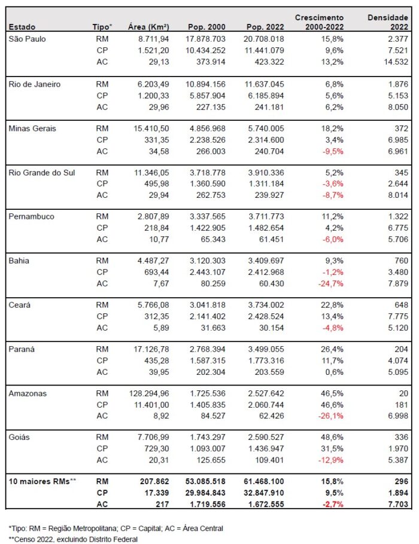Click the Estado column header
click(22, 27)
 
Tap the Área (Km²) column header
click(148, 27)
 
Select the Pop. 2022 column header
click(265, 27)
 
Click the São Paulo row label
click(27, 39)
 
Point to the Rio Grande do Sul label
click(42, 173)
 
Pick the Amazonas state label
click(28, 393)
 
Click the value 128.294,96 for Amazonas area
click(149, 393)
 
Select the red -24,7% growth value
click(331, 283)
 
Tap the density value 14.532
click(396, 62)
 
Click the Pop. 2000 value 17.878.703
click(205, 39)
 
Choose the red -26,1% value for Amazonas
click(331, 415)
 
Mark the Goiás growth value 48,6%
click(332, 437)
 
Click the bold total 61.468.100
click(264, 482)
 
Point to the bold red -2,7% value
click(333, 504)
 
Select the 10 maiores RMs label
click(42, 482)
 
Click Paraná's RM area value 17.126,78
click(151, 349)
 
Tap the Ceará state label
click(20, 305)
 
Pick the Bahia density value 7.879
click(398, 283)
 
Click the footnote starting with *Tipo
click(116, 528)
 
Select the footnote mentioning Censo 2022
click(73, 539)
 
